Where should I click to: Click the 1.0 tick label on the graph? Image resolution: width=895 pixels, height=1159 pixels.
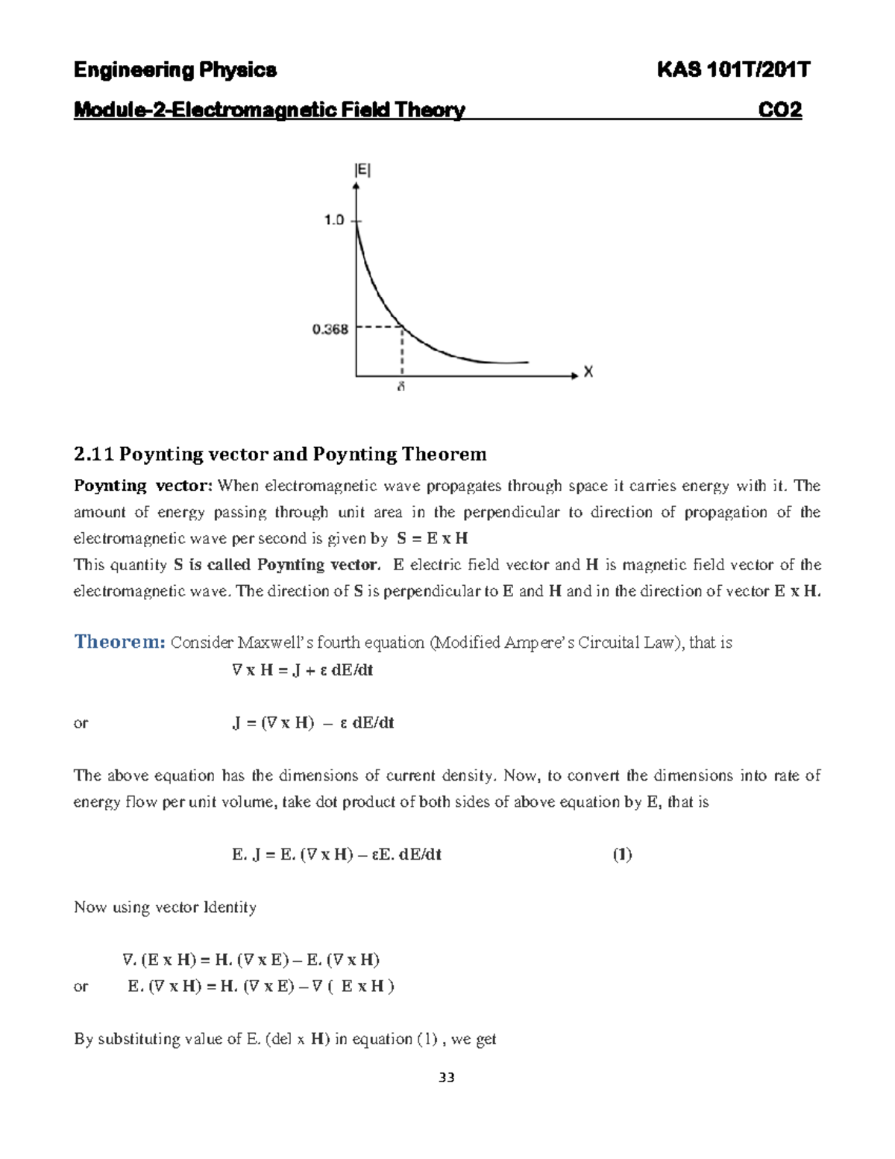pos(333,220)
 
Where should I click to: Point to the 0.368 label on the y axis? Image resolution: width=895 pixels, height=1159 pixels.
pos(330,329)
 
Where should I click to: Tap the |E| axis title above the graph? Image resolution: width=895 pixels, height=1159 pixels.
pos(362,170)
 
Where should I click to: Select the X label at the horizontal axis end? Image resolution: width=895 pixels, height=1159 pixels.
pos(588,372)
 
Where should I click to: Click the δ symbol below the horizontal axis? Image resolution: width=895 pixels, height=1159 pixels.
pos(401,388)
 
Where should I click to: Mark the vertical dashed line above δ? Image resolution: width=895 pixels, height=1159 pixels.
pos(402,351)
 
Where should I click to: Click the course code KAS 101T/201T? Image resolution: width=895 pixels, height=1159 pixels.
pos(732,70)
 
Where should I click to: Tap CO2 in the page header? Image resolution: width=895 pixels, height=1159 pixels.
pos(779,110)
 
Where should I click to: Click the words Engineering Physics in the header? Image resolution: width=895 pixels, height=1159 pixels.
pos(175,70)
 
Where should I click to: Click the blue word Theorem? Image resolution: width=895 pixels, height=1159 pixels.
pos(119,642)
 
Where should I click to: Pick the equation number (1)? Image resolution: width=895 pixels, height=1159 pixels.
pos(622,855)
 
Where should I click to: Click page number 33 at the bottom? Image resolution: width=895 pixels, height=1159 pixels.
pos(447,1078)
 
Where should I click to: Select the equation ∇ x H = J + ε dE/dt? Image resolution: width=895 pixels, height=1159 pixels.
pos(302,670)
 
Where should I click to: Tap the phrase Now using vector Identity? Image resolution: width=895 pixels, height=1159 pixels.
pos(165,907)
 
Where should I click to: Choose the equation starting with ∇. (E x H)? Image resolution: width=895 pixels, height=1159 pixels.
pos(251,960)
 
